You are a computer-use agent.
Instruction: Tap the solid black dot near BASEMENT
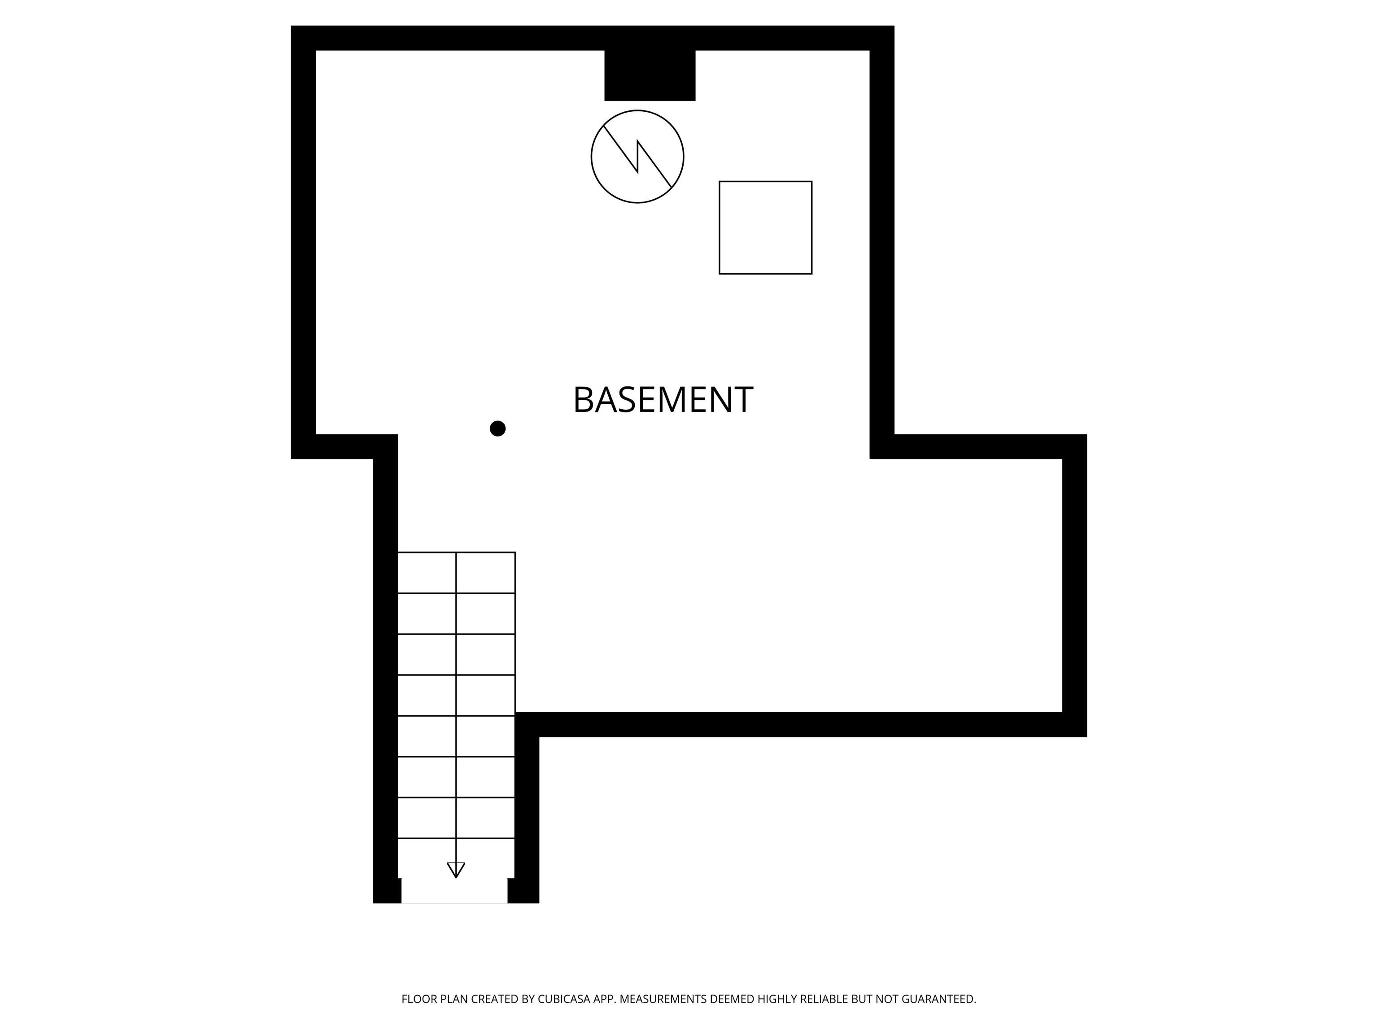pos(497,429)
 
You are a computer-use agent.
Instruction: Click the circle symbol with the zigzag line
pos(637,157)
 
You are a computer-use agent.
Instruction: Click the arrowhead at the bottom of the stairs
pos(456,869)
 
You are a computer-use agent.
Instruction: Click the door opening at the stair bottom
pos(454,891)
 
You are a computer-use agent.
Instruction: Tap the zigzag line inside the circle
pos(637,157)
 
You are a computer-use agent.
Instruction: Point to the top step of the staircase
pos(456,572)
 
